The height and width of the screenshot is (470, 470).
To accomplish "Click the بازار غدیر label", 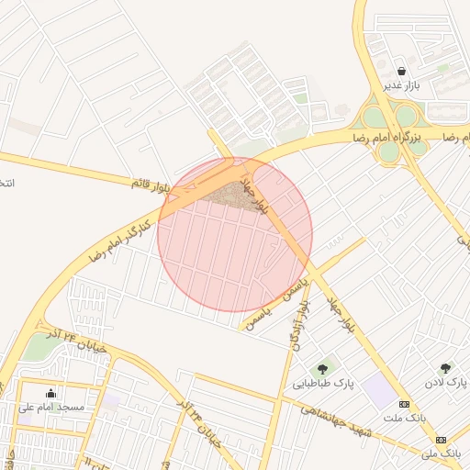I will point(401,85).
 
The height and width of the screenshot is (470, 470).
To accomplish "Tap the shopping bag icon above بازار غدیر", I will point(401,71).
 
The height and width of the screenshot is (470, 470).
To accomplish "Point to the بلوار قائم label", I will point(151,184).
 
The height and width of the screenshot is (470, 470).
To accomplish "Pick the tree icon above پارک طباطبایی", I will point(322,368).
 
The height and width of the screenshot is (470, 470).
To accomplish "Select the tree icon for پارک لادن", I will point(446,368).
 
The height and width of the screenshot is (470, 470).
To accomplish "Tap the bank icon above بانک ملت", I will point(404,404).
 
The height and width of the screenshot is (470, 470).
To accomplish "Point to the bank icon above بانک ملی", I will point(440,440).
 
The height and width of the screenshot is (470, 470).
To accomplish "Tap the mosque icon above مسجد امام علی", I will point(50,393).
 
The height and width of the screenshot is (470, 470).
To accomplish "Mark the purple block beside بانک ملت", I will point(377,391).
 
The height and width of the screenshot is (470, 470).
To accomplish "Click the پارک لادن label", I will point(448,381).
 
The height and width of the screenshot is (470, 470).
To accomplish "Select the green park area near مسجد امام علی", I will point(39,346).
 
